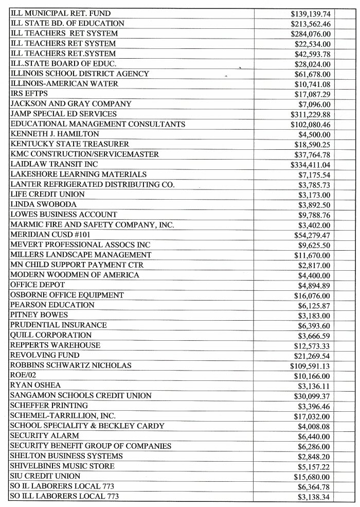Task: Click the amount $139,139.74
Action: [x=310, y=13]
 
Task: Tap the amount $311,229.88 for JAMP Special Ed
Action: [x=310, y=114]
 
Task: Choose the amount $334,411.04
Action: [x=310, y=164]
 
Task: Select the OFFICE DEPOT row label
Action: [x=38, y=285]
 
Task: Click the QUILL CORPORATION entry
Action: [x=51, y=335]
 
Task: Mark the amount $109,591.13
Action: [x=310, y=365]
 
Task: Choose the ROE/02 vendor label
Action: [x=22, y=375]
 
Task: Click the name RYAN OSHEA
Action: [x=35, y=386]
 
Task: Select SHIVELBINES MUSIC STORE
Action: [x=62, y=466]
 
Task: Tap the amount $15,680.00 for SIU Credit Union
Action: [x=312, y=476]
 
